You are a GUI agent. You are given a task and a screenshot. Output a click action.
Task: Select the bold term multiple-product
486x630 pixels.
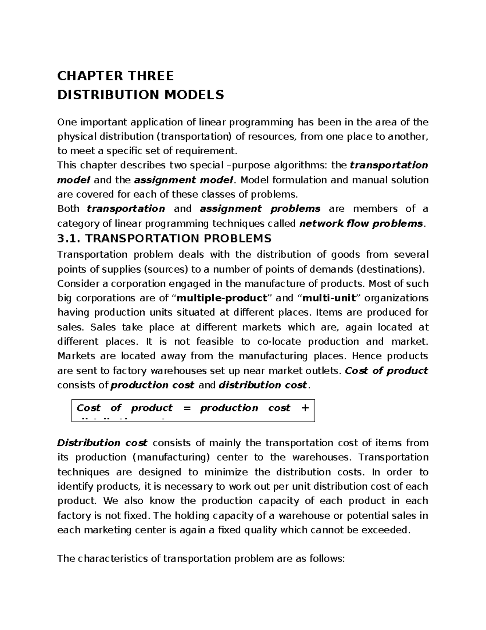(x=223, y=298)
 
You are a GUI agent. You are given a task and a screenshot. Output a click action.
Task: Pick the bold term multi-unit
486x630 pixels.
(x=329, y=298)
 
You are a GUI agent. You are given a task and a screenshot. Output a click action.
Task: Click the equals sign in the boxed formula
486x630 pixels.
(x=186, y=408)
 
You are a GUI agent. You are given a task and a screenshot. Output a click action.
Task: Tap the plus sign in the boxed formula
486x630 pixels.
(x=305, y=408)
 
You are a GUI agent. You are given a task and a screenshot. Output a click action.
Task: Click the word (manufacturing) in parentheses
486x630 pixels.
(x=171, y=458)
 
